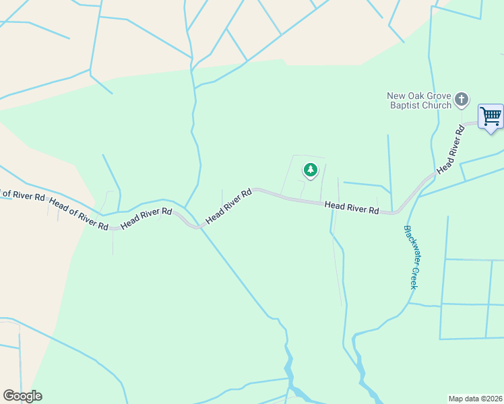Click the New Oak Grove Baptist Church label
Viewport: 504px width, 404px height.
pos(419,100)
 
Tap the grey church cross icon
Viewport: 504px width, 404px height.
pos(462,100)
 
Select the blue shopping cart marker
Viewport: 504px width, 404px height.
pos(491,116)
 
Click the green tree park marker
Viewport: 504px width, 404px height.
pos(310,170)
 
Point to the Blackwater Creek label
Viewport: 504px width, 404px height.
pos(410,257)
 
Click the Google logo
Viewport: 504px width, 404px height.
pos(22,396)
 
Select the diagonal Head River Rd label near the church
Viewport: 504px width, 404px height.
pos(451,149)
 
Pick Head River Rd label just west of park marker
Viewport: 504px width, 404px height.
pos(228,206)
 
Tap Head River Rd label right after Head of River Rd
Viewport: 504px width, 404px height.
pos(146,218)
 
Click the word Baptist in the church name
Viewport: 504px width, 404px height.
pos(404,105)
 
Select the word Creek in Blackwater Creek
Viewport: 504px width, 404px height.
pos(414,277)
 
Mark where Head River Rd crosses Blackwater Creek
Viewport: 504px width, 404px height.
pos(401,211)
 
